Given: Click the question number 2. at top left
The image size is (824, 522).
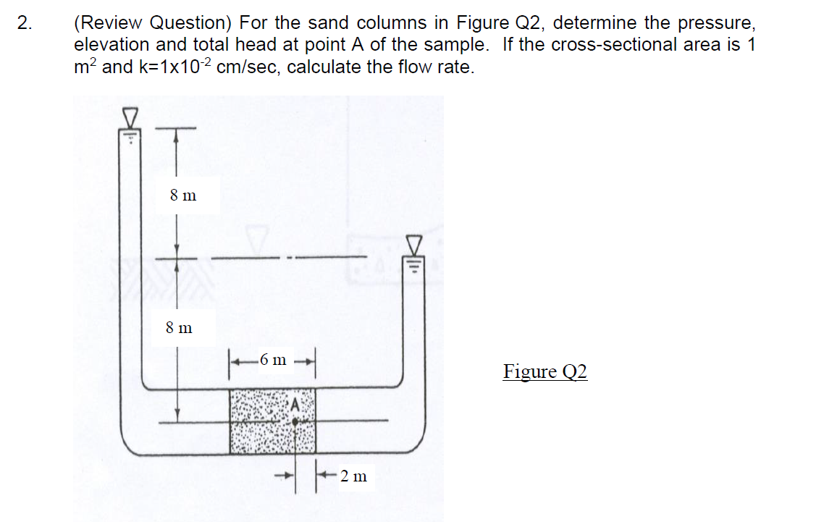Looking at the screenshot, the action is [x=25, y=22].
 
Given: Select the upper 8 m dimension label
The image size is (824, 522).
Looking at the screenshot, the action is [x=183, y=195].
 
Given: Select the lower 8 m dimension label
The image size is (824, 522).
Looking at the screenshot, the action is [x=179, y=327].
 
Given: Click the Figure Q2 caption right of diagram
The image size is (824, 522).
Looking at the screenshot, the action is [x=545, y=371].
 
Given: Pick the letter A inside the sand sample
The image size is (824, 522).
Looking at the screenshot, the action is [x=295, y=405].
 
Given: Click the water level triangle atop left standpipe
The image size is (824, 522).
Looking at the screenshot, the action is [x=130, y=117].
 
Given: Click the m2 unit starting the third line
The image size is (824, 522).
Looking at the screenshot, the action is [x=86, y=67].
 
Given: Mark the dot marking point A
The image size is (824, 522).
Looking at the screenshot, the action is [x=295, y=420].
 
